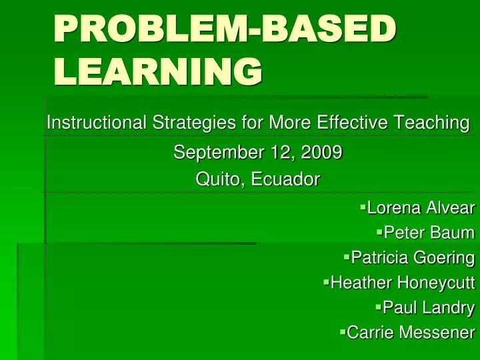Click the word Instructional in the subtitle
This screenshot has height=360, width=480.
pos(96,123)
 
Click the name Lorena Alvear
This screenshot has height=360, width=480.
pos(421,209)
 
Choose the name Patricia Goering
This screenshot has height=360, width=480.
pos(413,258)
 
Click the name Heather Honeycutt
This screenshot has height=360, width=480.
pos(403,283)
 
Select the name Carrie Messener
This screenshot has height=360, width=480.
pos(411,332)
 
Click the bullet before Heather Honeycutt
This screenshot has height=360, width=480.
pos(326,281)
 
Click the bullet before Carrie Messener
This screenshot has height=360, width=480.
pos(343,331)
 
